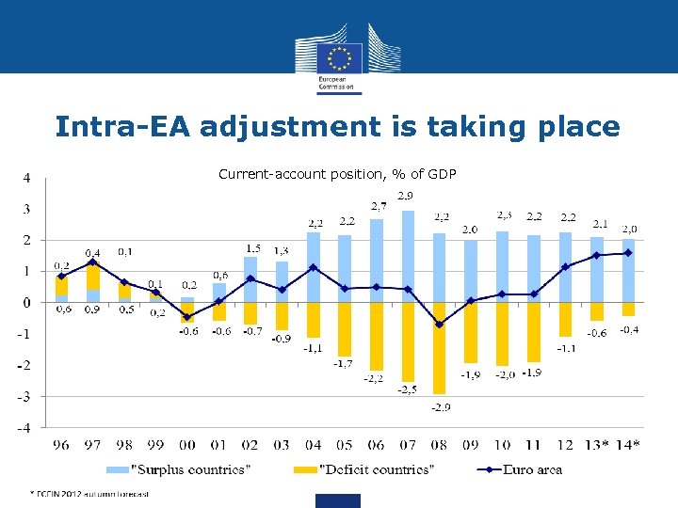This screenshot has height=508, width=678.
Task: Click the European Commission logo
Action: (339, 56)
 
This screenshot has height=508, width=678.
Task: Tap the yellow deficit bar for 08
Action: (439, 348)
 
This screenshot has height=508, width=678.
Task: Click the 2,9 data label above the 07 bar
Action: (408, 196)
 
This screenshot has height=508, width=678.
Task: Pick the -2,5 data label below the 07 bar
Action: (407, 389)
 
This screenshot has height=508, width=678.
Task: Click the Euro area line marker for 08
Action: (439, 325)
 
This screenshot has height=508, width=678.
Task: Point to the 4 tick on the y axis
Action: (27, 178)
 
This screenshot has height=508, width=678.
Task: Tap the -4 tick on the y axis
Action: (25, 428)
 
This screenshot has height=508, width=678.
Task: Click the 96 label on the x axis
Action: (61, 445)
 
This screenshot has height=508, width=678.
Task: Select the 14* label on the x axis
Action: (627, 445)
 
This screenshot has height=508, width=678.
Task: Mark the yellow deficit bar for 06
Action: (376, 336)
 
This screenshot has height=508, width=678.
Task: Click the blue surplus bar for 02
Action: (250, 279)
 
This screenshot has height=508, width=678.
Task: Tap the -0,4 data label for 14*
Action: (628, 329)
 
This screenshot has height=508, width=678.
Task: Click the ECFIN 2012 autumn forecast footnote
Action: (89, 493)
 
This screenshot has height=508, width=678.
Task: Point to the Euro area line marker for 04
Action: (314, 267)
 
